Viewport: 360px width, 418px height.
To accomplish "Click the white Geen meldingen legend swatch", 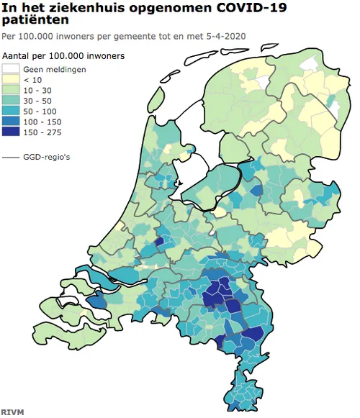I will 12,69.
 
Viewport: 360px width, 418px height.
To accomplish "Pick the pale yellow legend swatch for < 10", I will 12,80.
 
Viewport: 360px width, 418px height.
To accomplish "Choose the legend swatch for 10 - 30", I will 12,91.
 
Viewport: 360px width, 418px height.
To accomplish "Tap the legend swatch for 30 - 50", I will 12,101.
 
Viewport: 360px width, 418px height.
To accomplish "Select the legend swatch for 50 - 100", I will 12,112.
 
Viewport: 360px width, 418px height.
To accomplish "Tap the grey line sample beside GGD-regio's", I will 12,156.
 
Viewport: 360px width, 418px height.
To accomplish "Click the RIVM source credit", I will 12,412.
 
